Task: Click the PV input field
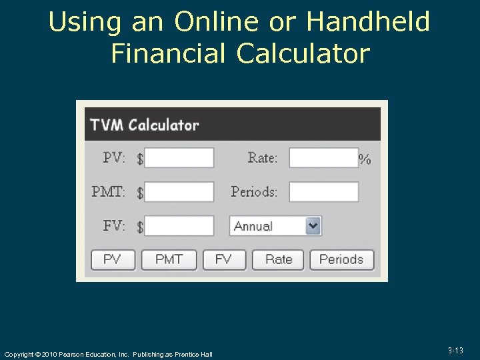click(x=179, y=158)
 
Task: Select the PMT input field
click(x=179, y=192)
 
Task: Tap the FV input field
click(x=179, y=226)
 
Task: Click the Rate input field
click(x=323, y=158)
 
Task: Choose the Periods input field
click(x=323, y=192)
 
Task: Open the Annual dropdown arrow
click(x=313, y=226)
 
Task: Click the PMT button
click(x=169, y=259)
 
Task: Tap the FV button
click(x=224, y=259)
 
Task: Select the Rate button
click(x=278, y=259)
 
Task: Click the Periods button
click(x=341, y=259)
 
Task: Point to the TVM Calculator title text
click(x=145, y=125)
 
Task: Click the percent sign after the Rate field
click(x=365, y=159)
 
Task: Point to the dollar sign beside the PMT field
click(x=140, y=193)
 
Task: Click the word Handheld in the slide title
click(x=368, y=22)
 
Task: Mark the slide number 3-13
click(x=456, y=351)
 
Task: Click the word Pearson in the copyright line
click(x=73, y=354)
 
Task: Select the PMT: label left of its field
click(x=108, y=192)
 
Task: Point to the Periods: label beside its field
click(x=254, y=192)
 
